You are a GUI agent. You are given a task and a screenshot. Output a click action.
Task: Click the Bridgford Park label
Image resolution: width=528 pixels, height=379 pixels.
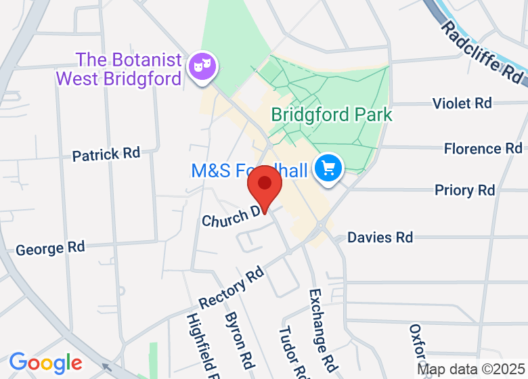point(332,114)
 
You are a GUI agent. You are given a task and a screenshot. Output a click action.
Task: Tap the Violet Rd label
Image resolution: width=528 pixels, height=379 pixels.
point(462,103)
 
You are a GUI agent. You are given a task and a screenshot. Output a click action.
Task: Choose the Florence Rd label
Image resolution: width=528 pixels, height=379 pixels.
point(483,148)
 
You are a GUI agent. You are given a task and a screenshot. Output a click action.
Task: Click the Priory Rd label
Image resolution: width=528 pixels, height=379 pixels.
point(464,190)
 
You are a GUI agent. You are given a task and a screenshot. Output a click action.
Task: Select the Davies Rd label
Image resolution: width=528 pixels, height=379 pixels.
point(380,237)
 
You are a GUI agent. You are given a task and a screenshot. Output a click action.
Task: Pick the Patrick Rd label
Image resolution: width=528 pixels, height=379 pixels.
point(106,154)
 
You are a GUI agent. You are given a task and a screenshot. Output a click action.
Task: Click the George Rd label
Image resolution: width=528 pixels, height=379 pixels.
point(50,248)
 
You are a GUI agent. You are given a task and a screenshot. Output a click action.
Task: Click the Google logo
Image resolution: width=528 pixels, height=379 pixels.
point(45,363)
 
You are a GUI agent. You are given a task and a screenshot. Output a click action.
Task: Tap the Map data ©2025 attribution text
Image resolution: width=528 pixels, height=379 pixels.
point(471,370)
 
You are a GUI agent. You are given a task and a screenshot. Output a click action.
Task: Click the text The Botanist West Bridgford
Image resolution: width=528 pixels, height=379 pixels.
point(118,69)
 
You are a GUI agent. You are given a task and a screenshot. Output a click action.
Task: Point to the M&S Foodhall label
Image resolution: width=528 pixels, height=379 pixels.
point(249,171)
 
